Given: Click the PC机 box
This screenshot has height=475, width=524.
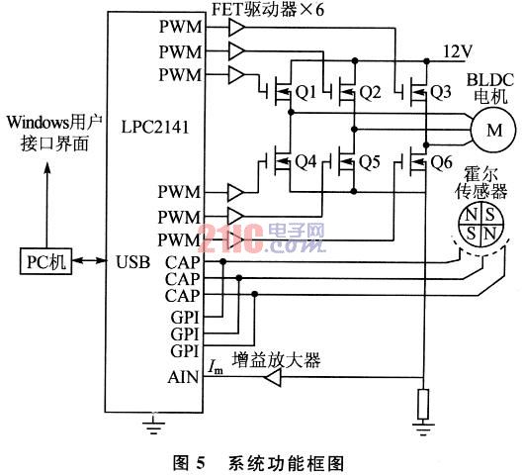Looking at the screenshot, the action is [45, 261].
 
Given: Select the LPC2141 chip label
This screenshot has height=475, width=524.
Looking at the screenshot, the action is [155, 128].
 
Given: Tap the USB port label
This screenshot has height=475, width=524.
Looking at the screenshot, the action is [132, 262].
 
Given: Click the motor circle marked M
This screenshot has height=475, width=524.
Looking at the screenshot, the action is [493, 130].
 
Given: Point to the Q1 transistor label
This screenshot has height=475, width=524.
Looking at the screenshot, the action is [306, 92].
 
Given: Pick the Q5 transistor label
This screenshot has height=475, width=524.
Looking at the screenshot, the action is [370, 161].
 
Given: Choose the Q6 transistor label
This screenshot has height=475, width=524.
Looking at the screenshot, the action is [441, 162].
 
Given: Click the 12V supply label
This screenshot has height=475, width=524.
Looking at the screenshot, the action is [458, 51].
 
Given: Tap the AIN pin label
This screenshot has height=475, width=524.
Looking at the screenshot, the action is [183, 377].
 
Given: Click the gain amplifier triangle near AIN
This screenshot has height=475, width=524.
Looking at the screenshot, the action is [273, 377].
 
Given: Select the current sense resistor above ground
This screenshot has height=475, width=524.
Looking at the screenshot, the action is [423, 404].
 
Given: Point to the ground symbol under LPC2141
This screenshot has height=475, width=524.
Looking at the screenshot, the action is [153, 425].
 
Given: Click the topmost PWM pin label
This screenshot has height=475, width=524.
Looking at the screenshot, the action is [181, 27].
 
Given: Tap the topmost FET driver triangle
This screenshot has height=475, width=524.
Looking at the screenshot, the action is [237, 28].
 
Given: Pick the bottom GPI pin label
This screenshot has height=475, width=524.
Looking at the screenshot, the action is [185, 351].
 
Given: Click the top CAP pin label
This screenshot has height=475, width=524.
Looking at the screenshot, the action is [183, 262].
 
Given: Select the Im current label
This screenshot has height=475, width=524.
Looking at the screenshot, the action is [216, 366].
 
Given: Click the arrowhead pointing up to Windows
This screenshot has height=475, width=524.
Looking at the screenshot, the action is [47, 168].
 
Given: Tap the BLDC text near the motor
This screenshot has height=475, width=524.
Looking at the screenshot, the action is [489, 80].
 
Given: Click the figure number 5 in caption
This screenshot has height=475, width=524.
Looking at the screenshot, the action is [200, 462].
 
